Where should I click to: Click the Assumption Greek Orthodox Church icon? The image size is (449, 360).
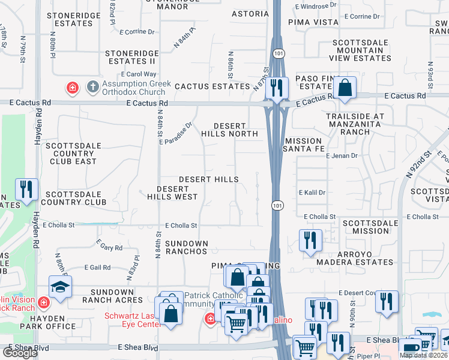pyautogui.click(x=92, y=87)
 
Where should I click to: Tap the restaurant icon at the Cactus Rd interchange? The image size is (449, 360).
pyautogui.click(x=277, y=88)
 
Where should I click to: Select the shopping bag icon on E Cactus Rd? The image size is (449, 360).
pyautogui.click(x=345, y=88)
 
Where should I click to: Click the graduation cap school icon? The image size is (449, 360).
pyautogui.click(x=60, y=288)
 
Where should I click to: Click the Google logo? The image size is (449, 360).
pyautogui.click(x=20, y=352)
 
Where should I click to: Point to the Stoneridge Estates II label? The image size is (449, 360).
pyautogui.click(x=131, y=57)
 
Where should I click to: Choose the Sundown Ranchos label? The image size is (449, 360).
pyautogui.click(x=186, y=247)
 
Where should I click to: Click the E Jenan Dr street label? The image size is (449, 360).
pyautogui.click(x=342, y=155)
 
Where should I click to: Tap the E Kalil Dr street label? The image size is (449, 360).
pyautogui.click(x=312, y=193)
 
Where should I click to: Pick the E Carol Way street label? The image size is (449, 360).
pyautogui.click(x=125, y=74)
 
